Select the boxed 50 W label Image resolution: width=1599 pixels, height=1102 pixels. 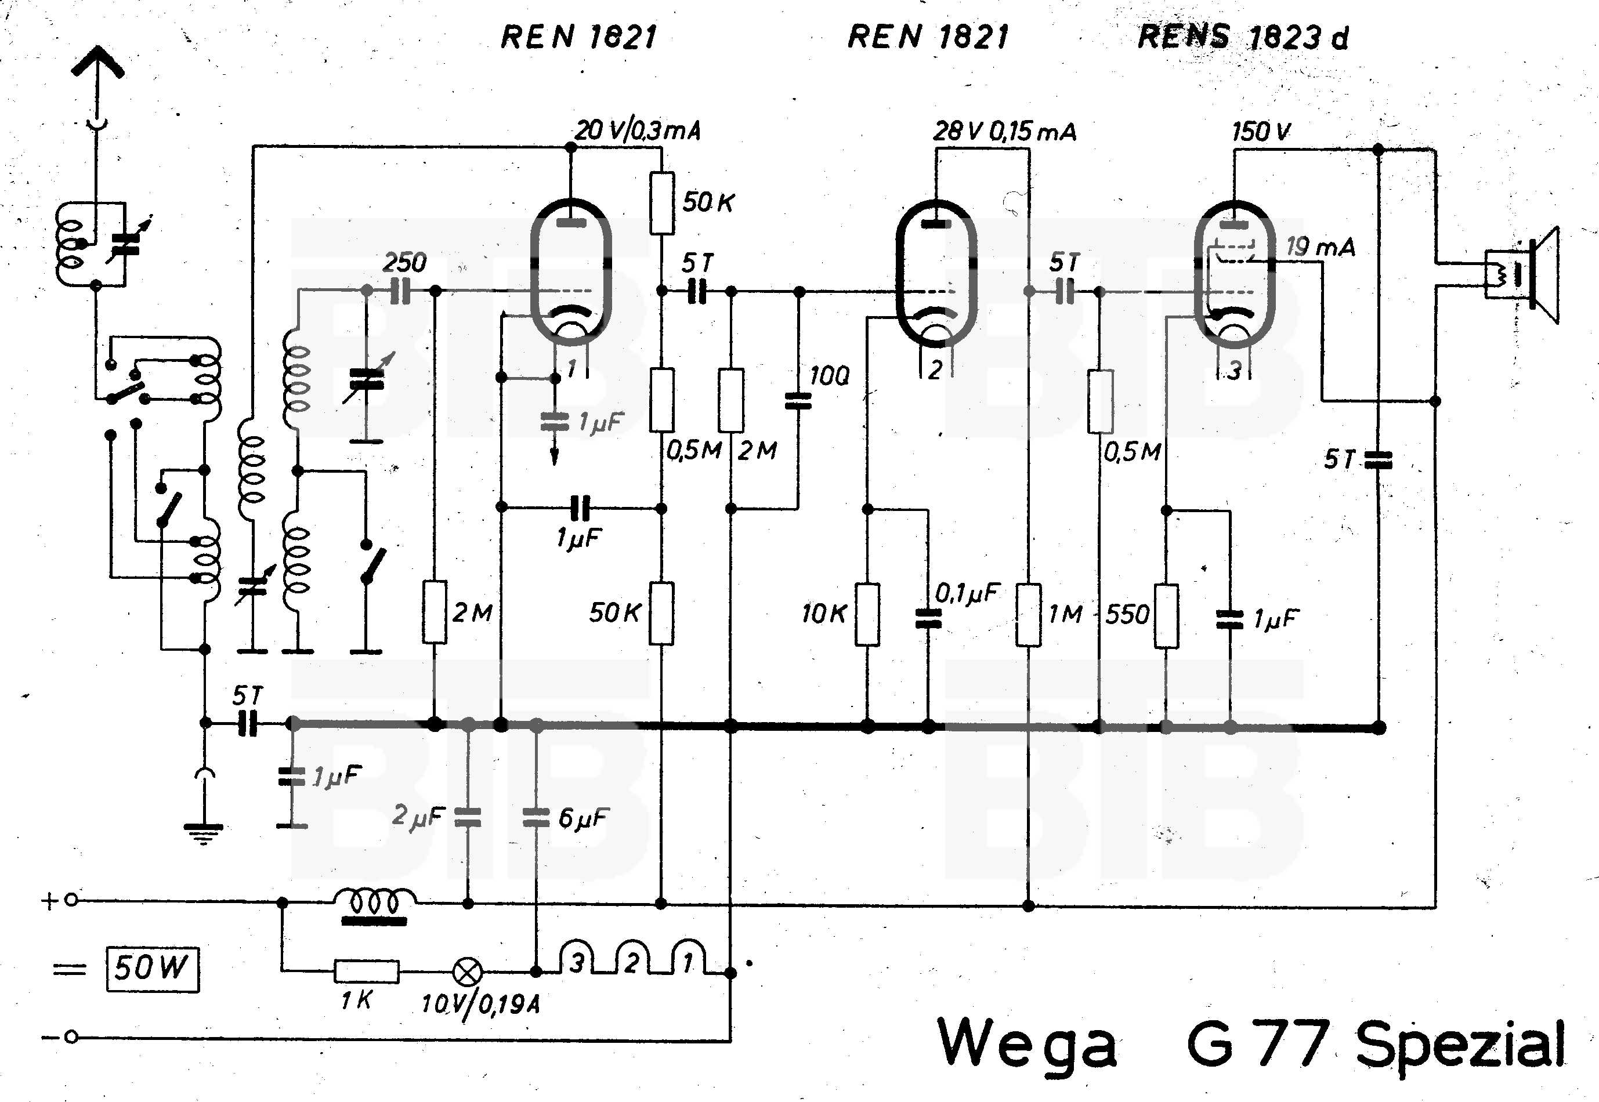click(x=152, y=969)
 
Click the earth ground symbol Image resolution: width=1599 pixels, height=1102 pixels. click(x=203, y=832)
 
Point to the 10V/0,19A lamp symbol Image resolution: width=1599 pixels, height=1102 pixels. click(x=468, y=972)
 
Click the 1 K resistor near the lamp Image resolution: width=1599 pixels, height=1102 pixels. click(x=366, y=971)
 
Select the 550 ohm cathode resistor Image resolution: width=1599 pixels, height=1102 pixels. click(x=1167, y=615)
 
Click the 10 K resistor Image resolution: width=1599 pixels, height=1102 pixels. click(x=867, y=614)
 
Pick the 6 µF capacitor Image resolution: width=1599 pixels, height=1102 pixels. click(x=536, y=818)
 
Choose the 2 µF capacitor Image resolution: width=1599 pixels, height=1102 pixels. click(x=468, y=818)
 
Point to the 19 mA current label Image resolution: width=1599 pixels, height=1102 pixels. click(x=1320, y=246)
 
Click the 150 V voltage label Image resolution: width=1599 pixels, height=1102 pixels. click(x=1261, y=131)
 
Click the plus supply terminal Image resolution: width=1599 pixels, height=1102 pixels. click(x=71, y=900)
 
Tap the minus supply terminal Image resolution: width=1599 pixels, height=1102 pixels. click(x=71, y=1037)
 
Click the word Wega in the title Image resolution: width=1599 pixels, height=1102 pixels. click(x=1026, y=1045)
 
